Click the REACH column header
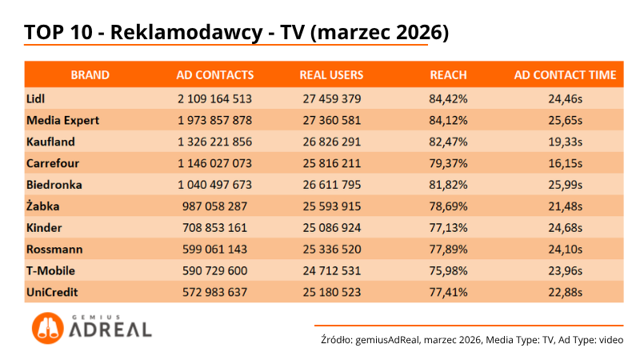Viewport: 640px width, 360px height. click(448, 75)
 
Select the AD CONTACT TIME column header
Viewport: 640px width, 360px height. click(565, 75)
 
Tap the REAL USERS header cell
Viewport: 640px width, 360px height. click(331, 75)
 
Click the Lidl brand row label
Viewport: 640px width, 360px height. click(35, 98)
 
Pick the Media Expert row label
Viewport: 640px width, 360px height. click(62, 120)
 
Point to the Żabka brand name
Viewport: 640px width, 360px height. click(43, 206)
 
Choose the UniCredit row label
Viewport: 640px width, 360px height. click(51, 292)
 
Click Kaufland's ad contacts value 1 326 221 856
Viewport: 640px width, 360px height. click(214, 142)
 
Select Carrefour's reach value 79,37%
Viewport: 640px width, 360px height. click(448, 163)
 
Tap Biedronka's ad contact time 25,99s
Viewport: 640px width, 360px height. click(565, 185)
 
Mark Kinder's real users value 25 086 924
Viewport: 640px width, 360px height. click(331, 227)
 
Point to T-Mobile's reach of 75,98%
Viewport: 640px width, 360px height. click(448, 270)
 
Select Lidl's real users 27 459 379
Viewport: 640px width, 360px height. click(331, 98)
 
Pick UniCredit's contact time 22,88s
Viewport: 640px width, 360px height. click(565, 292)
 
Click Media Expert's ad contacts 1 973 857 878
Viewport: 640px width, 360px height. click(214, 120)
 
